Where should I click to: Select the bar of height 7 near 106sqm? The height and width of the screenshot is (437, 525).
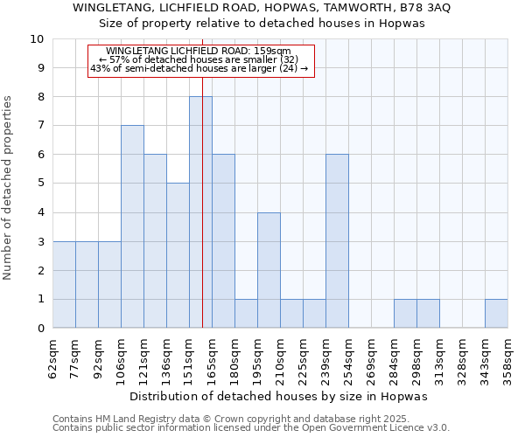(132, 226)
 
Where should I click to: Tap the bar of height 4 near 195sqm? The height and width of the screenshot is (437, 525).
(269, 270)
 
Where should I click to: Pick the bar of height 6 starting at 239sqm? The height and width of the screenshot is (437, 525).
(337, 241)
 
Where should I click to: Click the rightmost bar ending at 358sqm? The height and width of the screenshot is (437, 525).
(496, 314)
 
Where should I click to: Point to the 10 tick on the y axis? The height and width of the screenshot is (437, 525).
(37, 39)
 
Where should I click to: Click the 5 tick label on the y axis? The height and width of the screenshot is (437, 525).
(40, 184)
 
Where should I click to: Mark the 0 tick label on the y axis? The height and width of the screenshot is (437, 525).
(40, 329)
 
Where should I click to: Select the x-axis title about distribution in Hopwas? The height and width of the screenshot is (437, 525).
(280, 396)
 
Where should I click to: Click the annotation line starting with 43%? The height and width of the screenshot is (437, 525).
(199, 68)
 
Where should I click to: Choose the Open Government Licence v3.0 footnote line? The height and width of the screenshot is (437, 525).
(251, 427)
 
